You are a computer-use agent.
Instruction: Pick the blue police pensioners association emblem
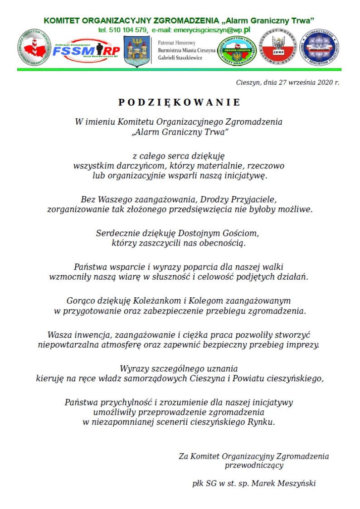321,48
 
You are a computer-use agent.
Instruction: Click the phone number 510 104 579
128,30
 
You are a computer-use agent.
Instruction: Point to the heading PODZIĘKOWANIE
180,102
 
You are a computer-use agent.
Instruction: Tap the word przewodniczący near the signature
254,465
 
